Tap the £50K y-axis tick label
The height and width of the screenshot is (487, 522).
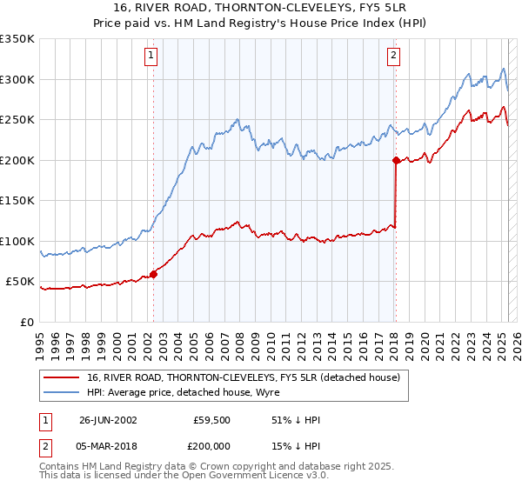(x=20, y=282)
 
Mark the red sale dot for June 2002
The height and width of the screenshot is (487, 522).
(x=154, y=274)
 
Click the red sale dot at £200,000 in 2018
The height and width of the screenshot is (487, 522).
(x=396, y=160)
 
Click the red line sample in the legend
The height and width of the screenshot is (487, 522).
(x=62, y=377)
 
